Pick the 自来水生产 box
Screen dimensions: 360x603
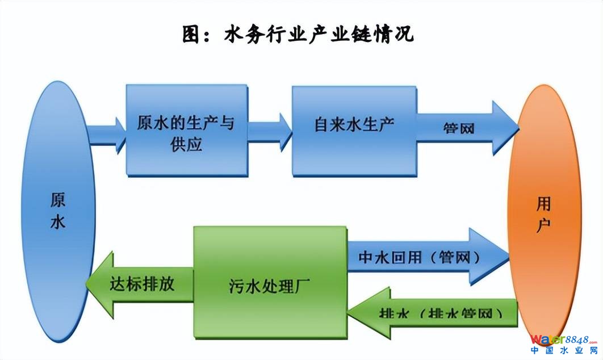point(354,130)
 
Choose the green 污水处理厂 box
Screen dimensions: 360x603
point(270,282)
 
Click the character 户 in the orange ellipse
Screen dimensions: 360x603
point(544,223)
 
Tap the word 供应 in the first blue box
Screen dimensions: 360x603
point(186,144)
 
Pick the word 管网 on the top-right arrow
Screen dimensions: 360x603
point(458,128)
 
